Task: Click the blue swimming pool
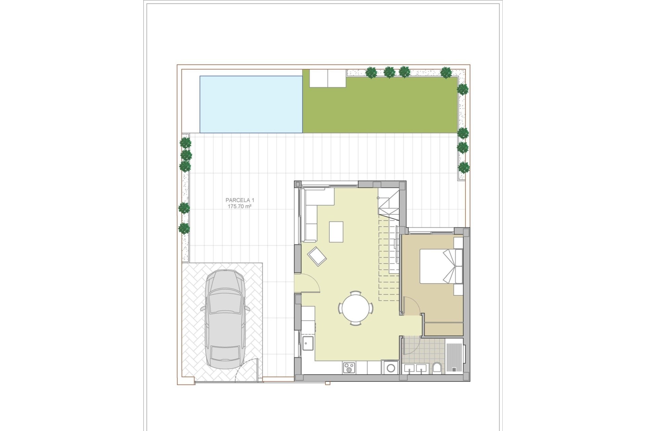251,104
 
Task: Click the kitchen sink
308,343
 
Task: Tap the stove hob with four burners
349,367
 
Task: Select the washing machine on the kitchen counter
391,367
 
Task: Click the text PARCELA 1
240,200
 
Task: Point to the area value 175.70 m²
240,206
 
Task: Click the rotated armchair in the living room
317,257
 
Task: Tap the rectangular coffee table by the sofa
336,232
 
